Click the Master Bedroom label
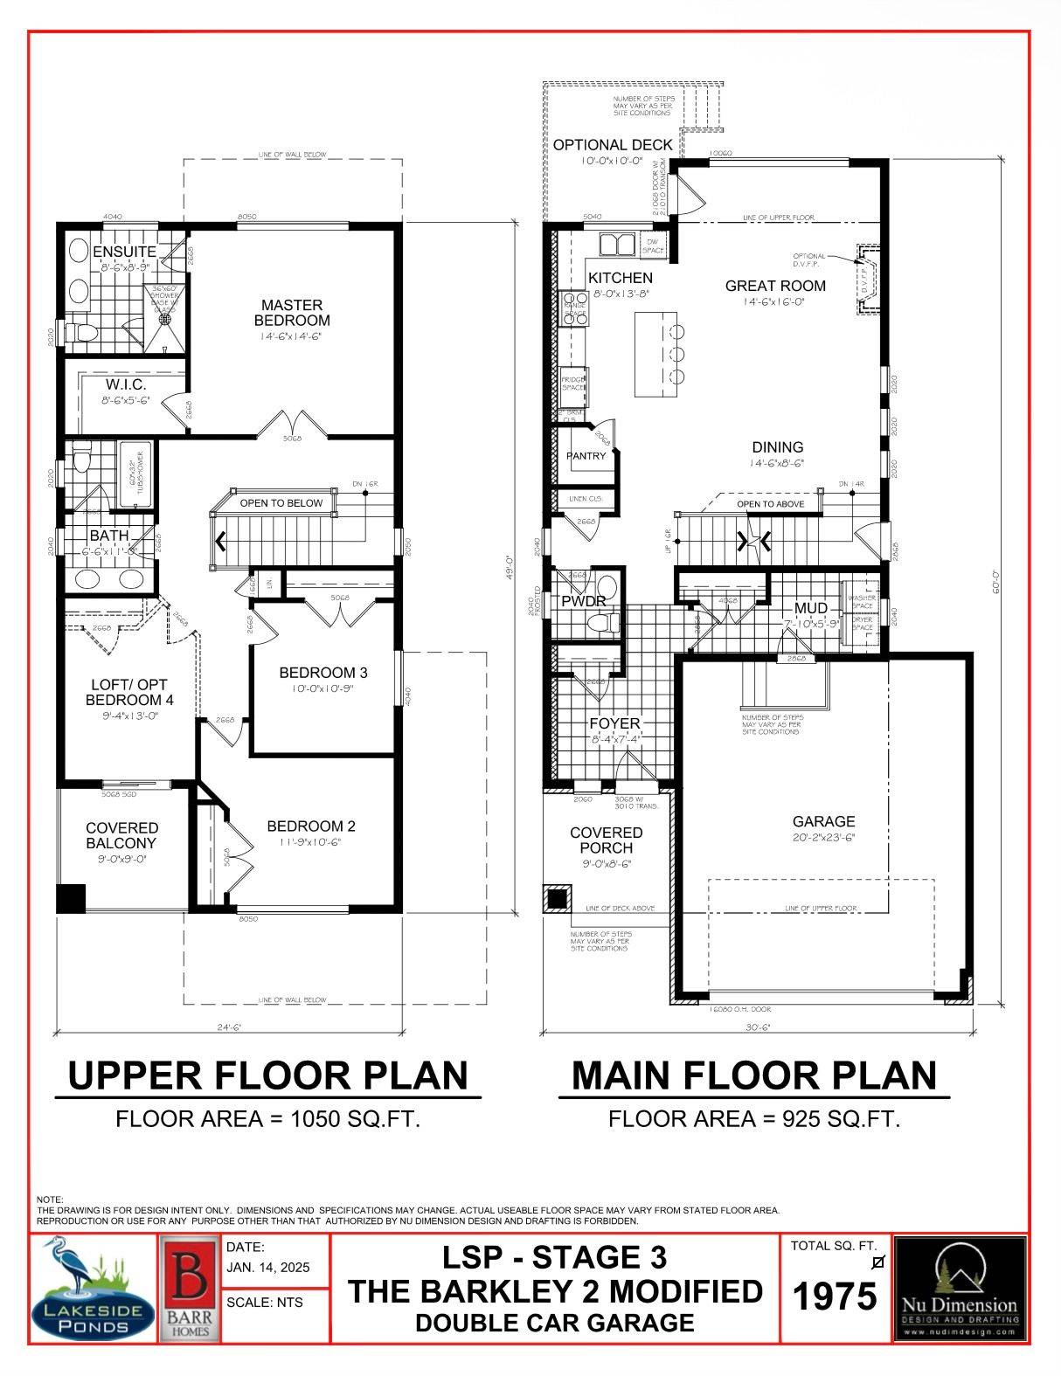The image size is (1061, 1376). (x=292, y=312)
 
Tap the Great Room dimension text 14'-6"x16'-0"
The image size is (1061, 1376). (x=763, y=301)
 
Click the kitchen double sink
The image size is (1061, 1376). (x=617, y=244)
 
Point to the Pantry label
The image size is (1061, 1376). (x=585, y=456)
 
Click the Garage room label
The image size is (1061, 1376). (x=823, y=821)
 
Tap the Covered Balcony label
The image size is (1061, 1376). (x=121, y=835)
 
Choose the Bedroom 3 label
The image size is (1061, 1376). (x=322, y=673)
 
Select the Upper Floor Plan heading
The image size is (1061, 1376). (x=267, y=1075)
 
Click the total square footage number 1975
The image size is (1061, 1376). (x=835, y=1296)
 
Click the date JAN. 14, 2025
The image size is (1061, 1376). (x=267, y=1268)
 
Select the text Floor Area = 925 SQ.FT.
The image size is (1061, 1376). (x=754, y=1118)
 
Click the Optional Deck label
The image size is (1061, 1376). (x=613, y=145)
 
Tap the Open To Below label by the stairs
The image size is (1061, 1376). (x=281, y=503)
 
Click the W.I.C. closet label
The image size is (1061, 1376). (x=125, y=384)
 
